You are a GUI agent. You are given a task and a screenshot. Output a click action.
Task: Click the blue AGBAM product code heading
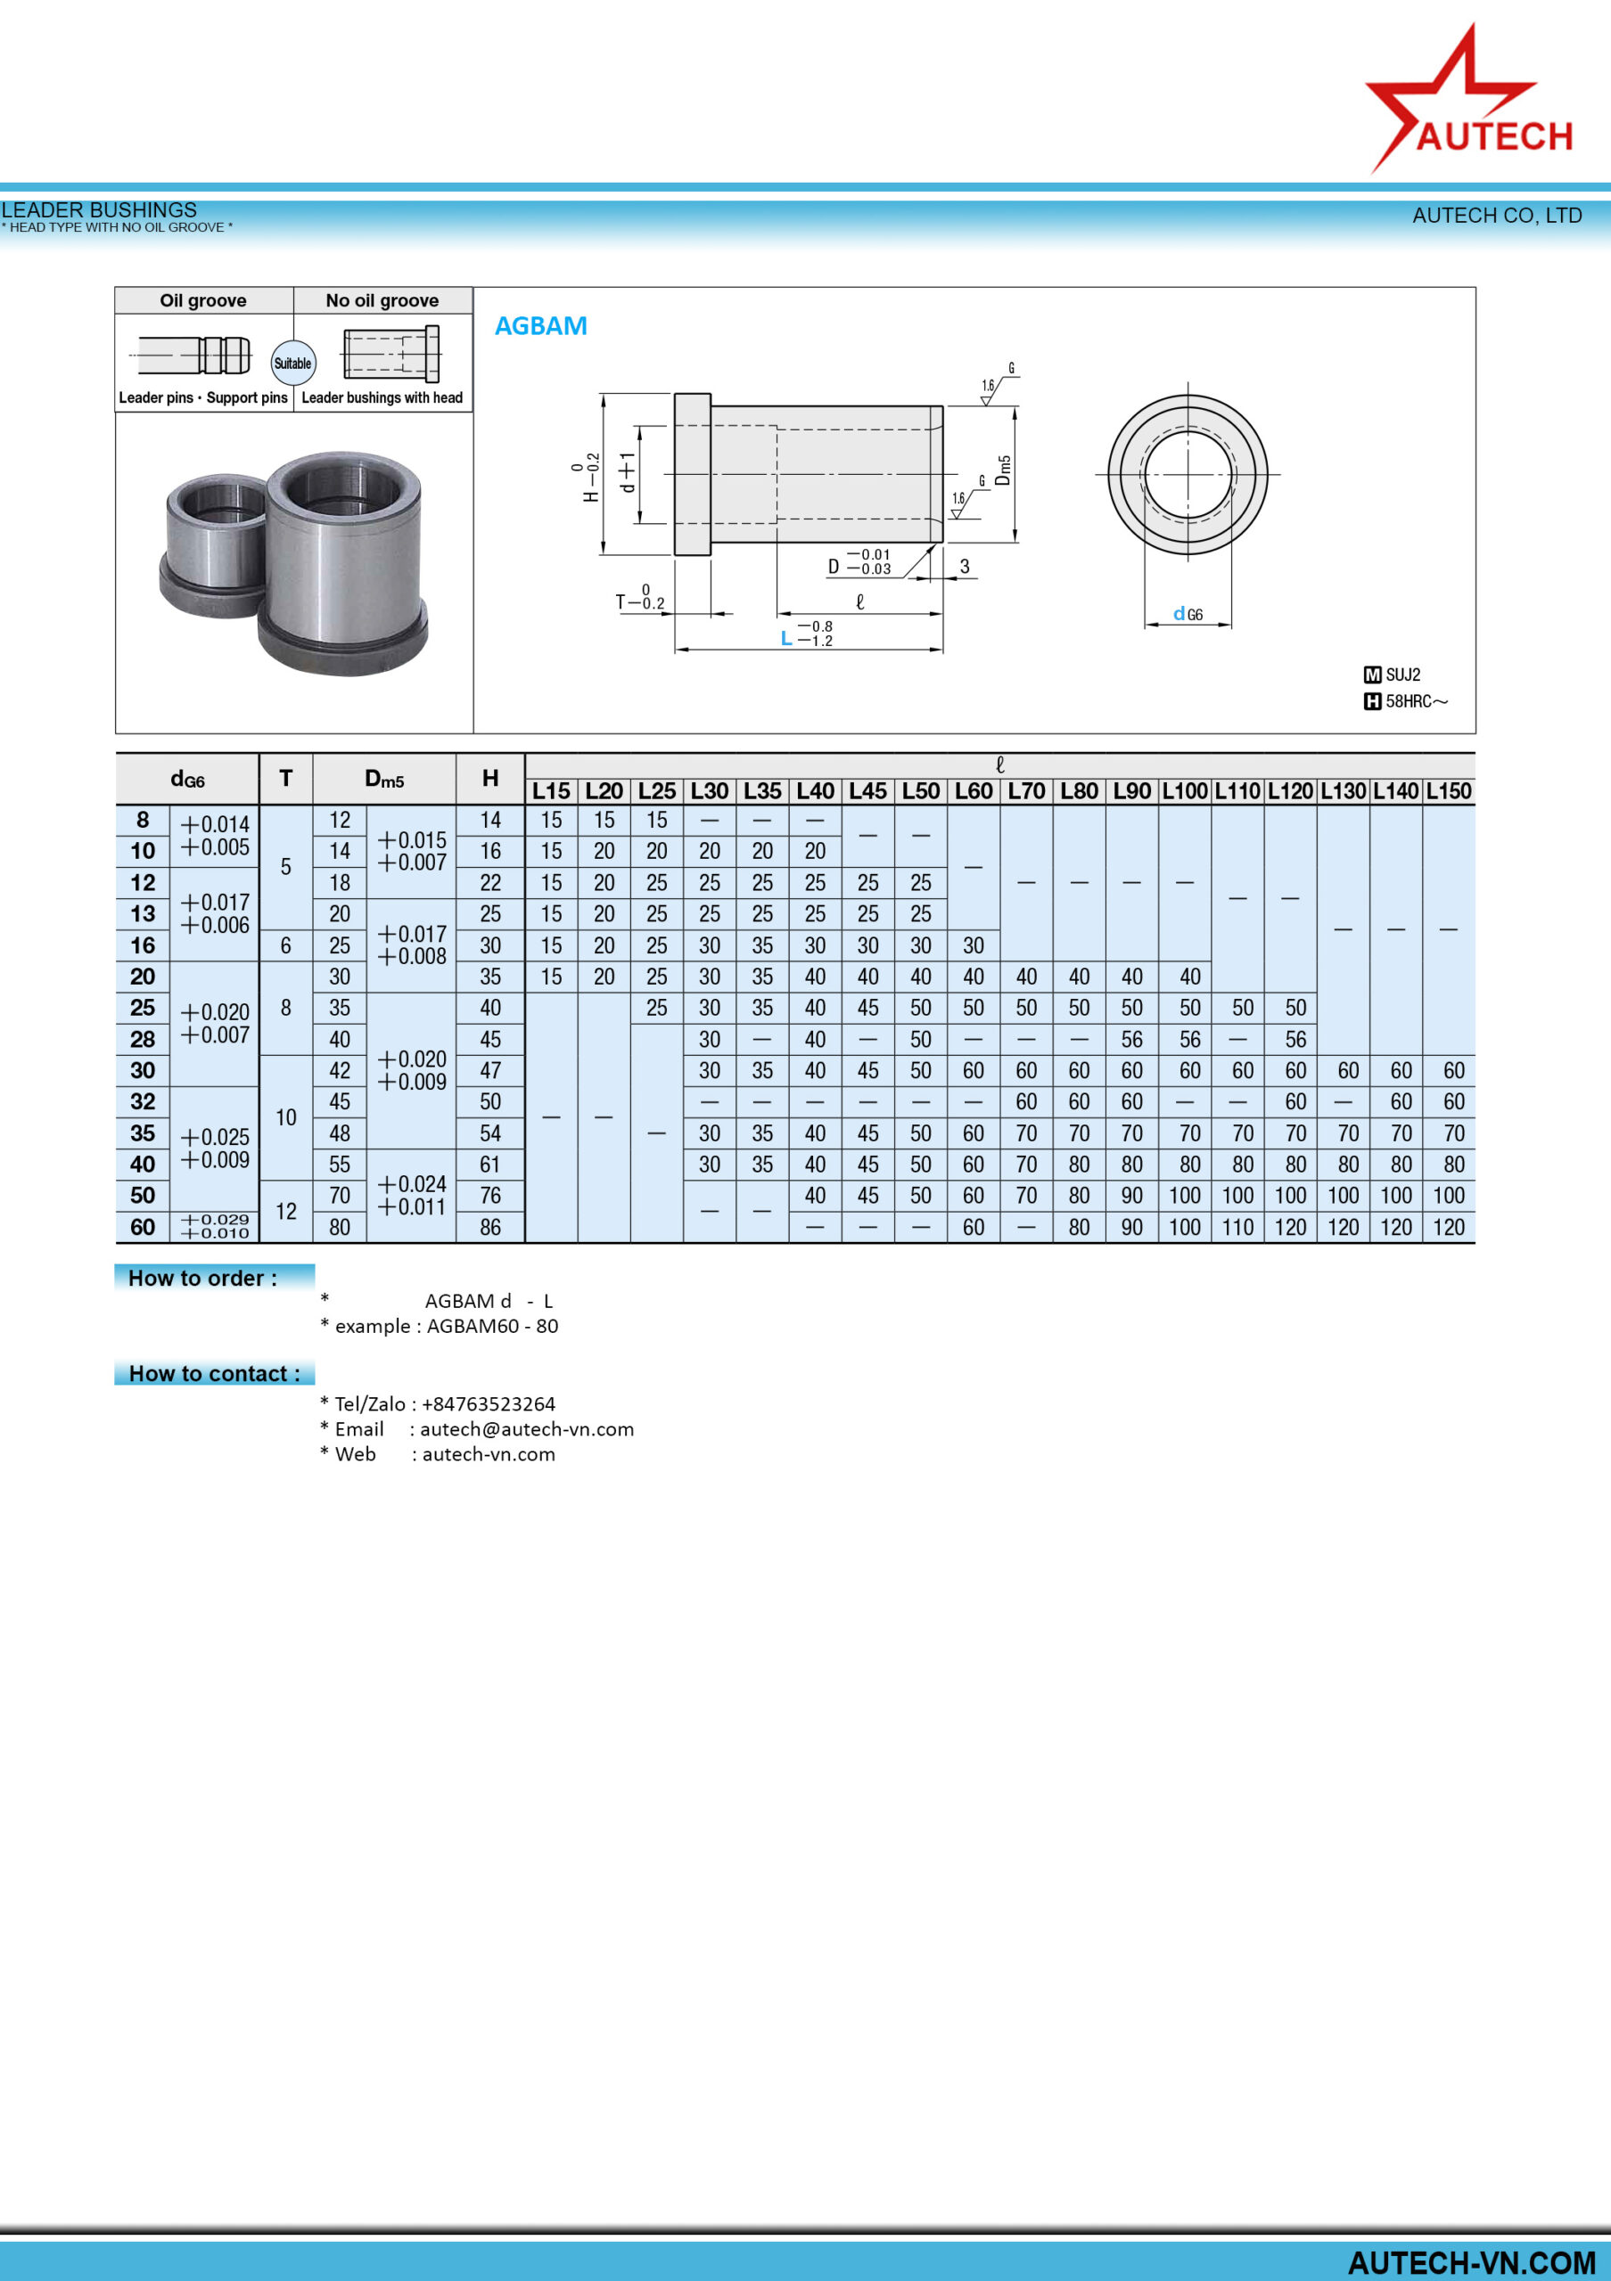pos(540,326)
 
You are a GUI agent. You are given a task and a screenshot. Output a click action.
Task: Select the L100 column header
pos(1185,791)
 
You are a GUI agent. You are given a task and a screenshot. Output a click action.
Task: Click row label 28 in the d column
pos(144,1039)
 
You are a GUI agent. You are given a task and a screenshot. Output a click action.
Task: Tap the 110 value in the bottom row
pos(1237,1227)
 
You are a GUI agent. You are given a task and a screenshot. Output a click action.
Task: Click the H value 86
pos(490,1227)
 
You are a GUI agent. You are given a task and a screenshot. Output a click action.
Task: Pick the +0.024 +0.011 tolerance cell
pos(412,1195)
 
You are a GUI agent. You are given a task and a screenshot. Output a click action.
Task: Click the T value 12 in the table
pos(286,1211)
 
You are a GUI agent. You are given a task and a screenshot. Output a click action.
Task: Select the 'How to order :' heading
pos(202,1278)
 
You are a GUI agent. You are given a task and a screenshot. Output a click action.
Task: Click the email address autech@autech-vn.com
pos(527,1428)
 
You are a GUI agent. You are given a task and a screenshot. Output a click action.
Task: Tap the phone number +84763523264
pos(488,1403)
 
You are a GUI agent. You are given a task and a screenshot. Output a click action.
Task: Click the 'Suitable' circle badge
pos(293,364)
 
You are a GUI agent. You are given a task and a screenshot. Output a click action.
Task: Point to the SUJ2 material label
pos(1402,674)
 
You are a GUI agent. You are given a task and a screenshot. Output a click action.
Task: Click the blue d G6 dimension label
pos(1188,614)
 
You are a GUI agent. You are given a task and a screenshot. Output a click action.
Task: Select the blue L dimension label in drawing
pos(786,638)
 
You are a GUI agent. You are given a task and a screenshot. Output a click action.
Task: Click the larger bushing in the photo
pos(343,562)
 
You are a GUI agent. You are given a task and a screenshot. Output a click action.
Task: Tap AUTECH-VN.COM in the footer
pos(1470,2262)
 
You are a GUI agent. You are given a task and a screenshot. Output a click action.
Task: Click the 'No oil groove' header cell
pos(382,300)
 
